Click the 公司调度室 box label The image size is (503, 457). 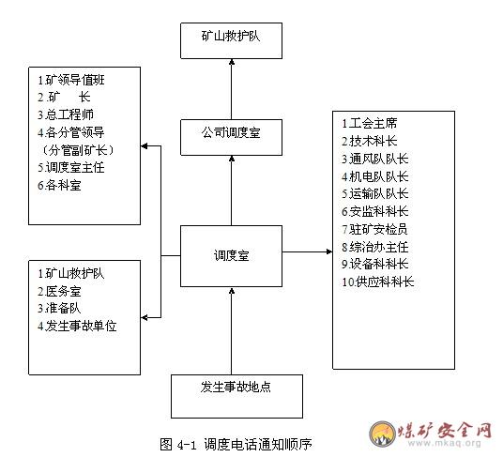[231, 132]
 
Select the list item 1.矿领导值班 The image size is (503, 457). [71, 80]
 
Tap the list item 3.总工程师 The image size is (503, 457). [66, 114]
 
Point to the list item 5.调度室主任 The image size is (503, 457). [71, 167]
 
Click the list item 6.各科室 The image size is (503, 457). [59, 185]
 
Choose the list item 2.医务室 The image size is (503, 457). [59, 291]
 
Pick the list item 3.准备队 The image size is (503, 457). [59, 308]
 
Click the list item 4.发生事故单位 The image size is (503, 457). [77, 326]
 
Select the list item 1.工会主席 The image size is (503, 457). [370, 123]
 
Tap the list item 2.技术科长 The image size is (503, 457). [370, 141]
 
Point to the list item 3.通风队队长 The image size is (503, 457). [375, 159]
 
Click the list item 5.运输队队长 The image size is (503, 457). [375, 193]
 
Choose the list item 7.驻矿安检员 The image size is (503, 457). [375, 229]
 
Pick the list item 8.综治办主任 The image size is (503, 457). [375, 247]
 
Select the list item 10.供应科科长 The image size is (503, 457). [378, 282]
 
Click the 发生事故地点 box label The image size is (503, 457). [236, 387]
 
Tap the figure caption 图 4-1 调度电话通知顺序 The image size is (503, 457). [236, 444]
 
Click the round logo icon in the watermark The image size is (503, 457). [382, 434]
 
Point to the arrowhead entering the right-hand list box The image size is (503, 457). [329, 251]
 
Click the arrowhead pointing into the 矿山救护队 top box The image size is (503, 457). [232, 62]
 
